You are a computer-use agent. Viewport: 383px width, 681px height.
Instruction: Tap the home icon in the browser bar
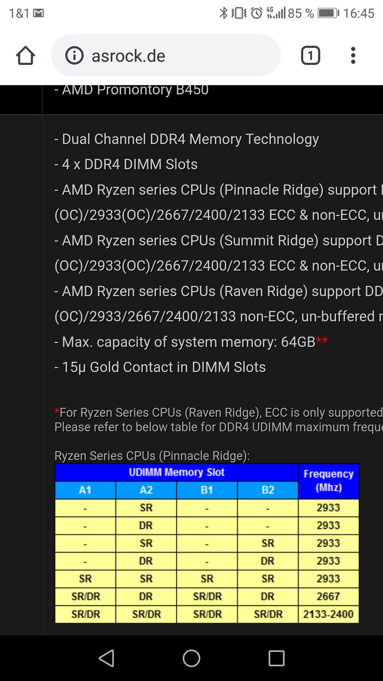coord(26,56)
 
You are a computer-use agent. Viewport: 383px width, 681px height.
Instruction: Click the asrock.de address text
coord(128,56)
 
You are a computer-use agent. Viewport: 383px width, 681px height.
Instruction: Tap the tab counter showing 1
coord(310,56)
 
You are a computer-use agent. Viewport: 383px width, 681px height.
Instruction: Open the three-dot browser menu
coord(353,56)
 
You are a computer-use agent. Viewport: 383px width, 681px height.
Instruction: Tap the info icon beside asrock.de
coord(74,56)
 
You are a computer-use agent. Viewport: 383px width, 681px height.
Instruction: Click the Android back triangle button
coord(106,658)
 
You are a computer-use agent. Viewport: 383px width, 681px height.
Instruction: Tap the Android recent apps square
coord(277,658)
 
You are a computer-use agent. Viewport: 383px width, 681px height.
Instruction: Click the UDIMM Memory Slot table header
coord(177,472)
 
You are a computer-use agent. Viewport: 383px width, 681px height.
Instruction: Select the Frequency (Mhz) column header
coord(328,481)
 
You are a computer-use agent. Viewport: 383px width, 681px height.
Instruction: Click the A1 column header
coord(85,490)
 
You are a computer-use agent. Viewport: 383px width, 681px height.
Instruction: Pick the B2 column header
coord(268,490)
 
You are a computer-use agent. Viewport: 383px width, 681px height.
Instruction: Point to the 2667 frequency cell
coord(328,597)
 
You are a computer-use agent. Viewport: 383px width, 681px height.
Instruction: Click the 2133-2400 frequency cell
coord(328,614)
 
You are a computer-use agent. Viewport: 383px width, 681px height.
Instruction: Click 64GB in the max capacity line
coord(298,342)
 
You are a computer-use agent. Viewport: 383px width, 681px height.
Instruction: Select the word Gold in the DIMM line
coord(104,367)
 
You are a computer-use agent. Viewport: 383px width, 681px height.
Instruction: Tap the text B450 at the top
coord(192,90)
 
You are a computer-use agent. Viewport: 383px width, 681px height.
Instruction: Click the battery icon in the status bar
coord(328,13)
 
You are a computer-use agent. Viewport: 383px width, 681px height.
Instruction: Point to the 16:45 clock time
coord(359,13)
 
